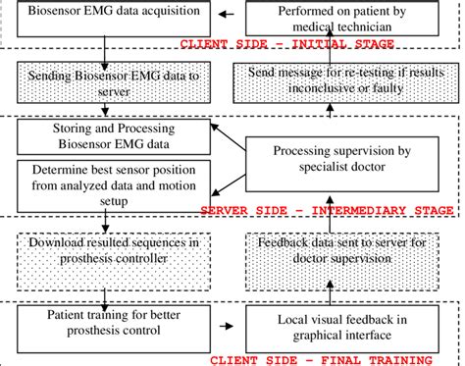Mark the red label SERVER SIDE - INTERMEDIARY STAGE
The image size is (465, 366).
tap(326, 210)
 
